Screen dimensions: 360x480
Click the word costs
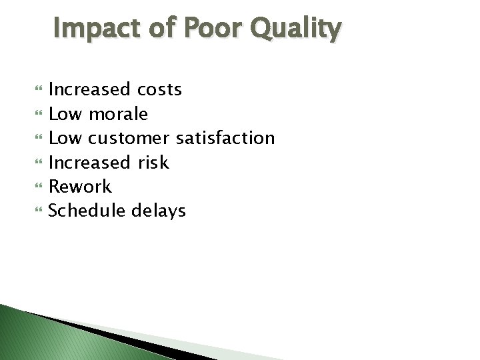click(159, 89)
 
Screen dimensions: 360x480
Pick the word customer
click(129, 139)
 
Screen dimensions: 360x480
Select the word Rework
click(81, 187)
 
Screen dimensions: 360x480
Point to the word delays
click(161, 211)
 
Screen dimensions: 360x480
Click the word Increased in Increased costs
click(89, 89)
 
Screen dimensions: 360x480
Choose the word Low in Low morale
click(66, 114)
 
